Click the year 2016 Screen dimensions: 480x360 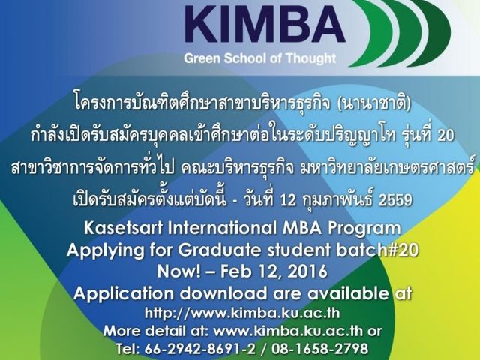[307, 271]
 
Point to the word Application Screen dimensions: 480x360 [123, 294]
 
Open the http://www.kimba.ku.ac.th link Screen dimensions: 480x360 [242, 313]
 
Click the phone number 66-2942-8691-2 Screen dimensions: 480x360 [199, 349]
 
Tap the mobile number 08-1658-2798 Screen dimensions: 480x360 [319, 349]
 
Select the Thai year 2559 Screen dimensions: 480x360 [395, 200]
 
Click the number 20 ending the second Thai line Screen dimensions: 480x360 [445, 136]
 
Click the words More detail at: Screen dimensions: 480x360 [156, 331]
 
